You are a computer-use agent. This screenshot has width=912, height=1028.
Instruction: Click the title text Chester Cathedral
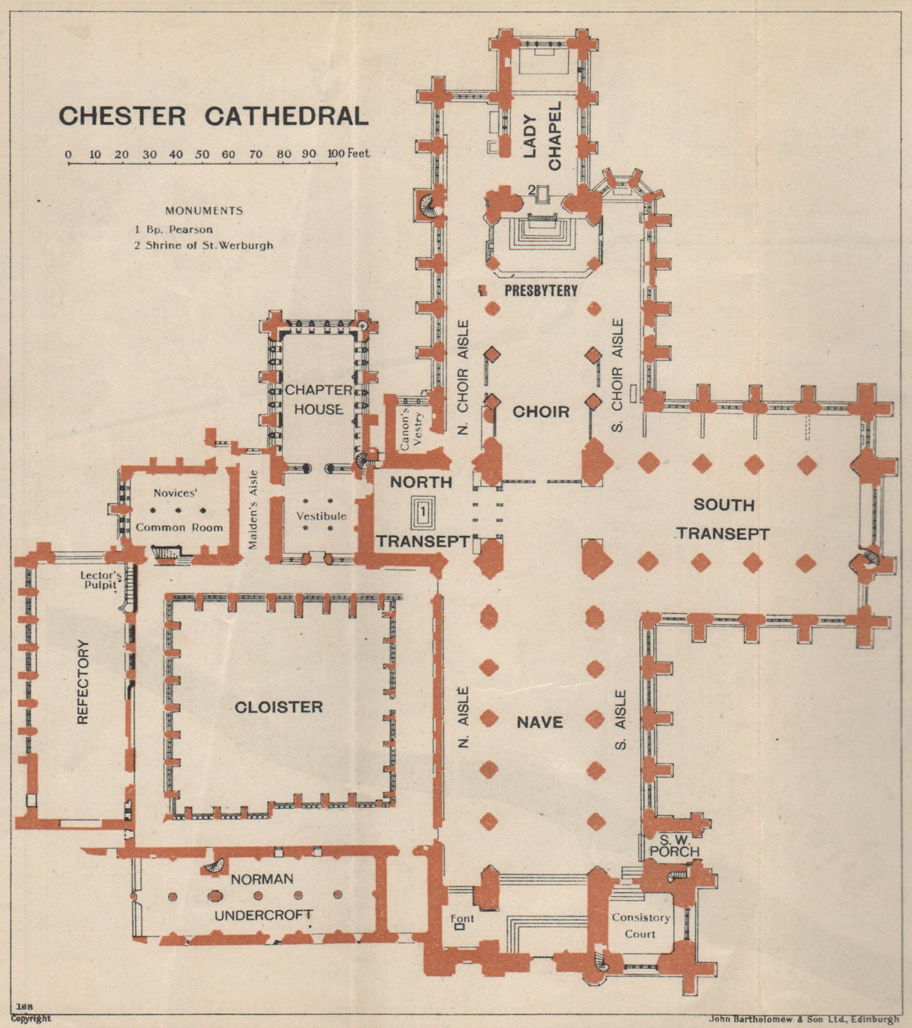[x=213, y=116]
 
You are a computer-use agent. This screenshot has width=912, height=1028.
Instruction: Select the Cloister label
[x=278, y=707]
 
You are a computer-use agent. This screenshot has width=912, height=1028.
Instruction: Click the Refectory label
[x=82, y=682]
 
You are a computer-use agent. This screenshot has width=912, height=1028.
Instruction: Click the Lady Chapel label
[x=542, y=136]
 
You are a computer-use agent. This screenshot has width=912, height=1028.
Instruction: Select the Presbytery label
[x=541, y=291]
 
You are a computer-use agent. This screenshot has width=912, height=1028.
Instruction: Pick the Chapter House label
[x=318, y=400]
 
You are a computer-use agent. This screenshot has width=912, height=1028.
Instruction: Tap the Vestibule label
[x=321, y=516]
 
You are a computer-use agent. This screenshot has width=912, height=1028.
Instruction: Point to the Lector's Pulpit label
[x=98, y=580]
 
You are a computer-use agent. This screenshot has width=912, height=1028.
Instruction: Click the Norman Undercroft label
[x=263, y=896]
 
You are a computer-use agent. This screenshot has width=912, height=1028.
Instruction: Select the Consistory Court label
[x=640, y=925]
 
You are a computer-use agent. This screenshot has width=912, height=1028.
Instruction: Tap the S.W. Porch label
[x=674, y=846]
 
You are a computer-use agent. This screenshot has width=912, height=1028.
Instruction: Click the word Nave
[x=540, y=723]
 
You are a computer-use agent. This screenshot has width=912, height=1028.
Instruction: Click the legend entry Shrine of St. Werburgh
[x=204, y=245]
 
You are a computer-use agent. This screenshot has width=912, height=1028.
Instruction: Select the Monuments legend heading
[x=204, y=211]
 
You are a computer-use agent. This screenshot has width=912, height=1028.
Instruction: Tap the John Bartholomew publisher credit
[x=803, y=1019]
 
